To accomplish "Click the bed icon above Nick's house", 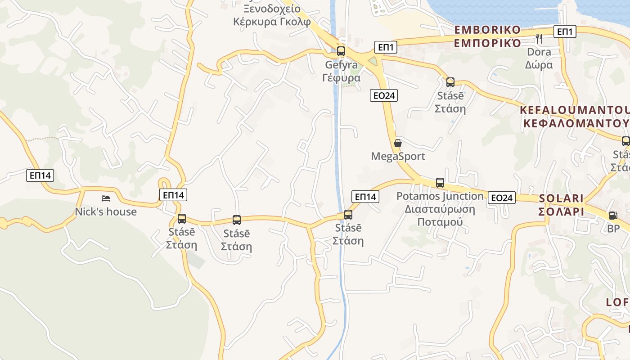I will point(106,198).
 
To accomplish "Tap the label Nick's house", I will point(106,211).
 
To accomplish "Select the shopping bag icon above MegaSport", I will point(398,144).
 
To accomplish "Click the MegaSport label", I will point(398,156).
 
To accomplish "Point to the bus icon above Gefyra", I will point(341,51).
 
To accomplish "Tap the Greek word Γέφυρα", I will point(342,78).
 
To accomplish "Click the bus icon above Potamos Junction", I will point(440,183).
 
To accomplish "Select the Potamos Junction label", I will point(440,196).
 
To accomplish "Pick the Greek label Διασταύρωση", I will point(440,209).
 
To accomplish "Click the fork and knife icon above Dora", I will point(539,39).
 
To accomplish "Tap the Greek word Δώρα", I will point(539,65).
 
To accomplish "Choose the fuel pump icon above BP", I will point(613,216).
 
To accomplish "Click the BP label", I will point(613,229).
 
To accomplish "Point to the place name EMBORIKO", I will point(487,30).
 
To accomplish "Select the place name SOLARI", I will point(561,198).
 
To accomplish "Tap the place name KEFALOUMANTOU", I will point(574,110).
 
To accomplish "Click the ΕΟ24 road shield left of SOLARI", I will point(502,198).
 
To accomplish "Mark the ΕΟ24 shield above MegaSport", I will point(384,95).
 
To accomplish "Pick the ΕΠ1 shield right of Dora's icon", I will point(566,31).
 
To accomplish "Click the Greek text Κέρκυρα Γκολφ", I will point(272,22).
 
